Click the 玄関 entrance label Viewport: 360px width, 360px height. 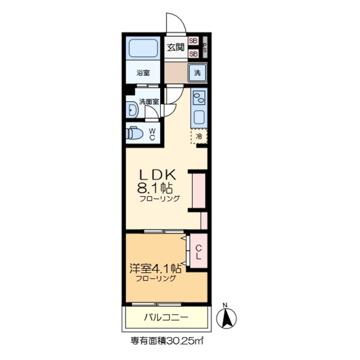(175, 47)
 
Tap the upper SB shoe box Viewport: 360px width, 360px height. (193, 40)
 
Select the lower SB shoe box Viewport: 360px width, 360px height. (193, 53)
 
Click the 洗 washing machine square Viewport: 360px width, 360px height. (198, 72)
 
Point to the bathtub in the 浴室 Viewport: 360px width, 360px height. (143, 48)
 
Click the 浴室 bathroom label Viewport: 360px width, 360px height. (143, 73)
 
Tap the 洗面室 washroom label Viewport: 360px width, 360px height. (149, 102)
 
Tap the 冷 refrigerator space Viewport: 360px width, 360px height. (199, 136)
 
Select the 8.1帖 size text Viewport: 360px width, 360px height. (156, 188)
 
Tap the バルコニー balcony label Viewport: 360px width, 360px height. (166, 318)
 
